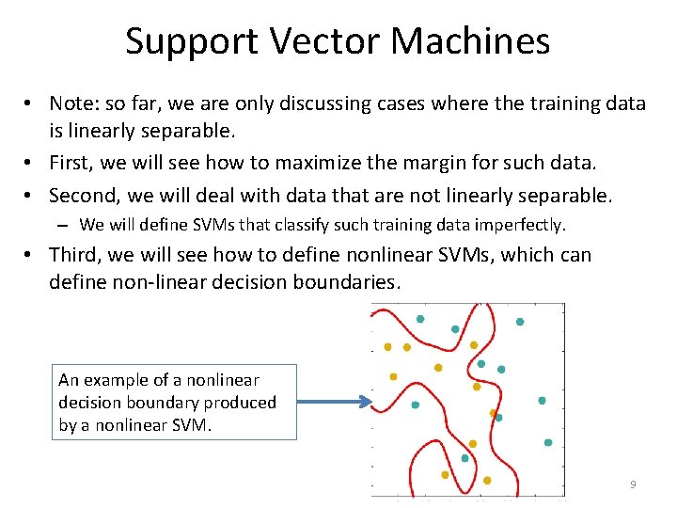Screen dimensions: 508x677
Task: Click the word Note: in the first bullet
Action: [74, 104]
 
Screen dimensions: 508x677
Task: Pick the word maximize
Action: [316, 163]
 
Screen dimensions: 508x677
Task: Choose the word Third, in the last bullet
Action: [74, 255]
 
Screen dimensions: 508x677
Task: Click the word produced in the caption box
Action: [240, 403]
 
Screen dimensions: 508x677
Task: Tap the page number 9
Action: [633, 484]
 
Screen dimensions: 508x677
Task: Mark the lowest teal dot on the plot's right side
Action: [547, 442]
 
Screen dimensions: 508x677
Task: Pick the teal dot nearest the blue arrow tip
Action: [416, 405]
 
